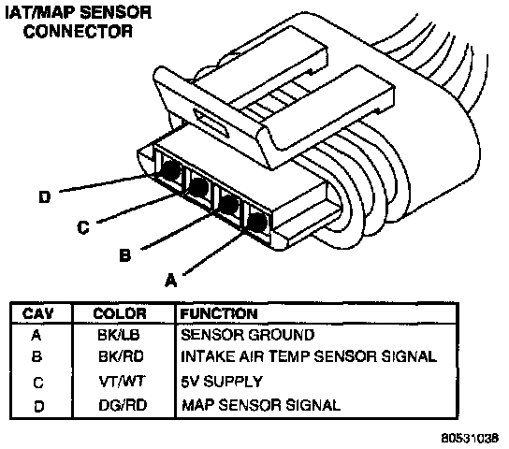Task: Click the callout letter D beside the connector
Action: (x=45, y=197)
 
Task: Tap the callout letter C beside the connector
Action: (x=83, y=227)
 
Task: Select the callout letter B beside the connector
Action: (x=125, y=255)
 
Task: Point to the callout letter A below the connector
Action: (x=171, y=281)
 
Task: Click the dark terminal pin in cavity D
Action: (x=171, y=169)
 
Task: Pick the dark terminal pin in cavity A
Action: (x=257, y=223)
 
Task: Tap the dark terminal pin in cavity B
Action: (x=229, y=204)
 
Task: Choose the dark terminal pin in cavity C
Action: (x=198, y=186)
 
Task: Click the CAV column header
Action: (x=37, y=313)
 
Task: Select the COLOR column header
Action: (x=120, y=313)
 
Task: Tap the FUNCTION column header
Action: (x=219, y=313)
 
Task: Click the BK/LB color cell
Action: (x=119, y=335)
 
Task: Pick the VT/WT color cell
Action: (x=122, y=382)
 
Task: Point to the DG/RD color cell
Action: (x=123, y=405)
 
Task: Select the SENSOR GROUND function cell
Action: (x=248, y=335)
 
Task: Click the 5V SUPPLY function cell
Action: (x=222, y=382)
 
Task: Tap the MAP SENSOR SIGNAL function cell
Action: (x=261, y=405)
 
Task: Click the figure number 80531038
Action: (x=470, y=439)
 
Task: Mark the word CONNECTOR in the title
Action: (x=78, y=32)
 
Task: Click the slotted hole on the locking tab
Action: (x=211, y=123)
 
